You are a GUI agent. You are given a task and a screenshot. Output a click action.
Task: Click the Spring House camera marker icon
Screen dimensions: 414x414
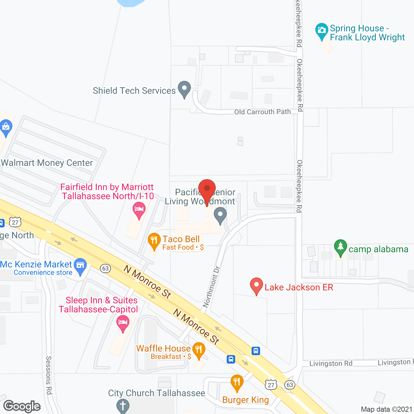321,31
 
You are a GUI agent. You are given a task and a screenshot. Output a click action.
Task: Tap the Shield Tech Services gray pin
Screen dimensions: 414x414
184,89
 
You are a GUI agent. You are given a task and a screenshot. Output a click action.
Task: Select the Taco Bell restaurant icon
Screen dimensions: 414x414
154,241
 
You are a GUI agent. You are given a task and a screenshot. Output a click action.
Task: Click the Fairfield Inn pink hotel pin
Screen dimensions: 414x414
139,210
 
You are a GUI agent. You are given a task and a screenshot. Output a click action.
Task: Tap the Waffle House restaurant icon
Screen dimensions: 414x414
199,350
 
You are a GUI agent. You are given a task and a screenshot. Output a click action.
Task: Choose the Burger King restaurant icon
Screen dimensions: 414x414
237,383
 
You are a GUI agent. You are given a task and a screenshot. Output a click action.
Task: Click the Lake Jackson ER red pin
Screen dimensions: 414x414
256,286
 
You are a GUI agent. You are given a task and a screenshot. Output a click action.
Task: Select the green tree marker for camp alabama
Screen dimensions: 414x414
340,247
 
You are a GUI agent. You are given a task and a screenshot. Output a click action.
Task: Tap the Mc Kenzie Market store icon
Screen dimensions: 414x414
80,266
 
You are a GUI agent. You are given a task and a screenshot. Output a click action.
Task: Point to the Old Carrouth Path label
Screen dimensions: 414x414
262,112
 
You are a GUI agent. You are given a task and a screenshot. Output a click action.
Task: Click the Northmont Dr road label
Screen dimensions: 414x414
211,287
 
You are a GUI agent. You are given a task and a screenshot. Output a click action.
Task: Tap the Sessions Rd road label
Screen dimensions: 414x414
49,375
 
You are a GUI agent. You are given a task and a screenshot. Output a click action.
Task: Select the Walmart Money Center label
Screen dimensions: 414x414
47,163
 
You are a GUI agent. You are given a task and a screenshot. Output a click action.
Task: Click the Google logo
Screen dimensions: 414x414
22,406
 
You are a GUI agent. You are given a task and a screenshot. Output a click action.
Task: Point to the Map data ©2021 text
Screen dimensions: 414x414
387,409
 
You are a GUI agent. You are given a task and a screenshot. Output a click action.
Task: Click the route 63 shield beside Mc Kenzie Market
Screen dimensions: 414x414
105,268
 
